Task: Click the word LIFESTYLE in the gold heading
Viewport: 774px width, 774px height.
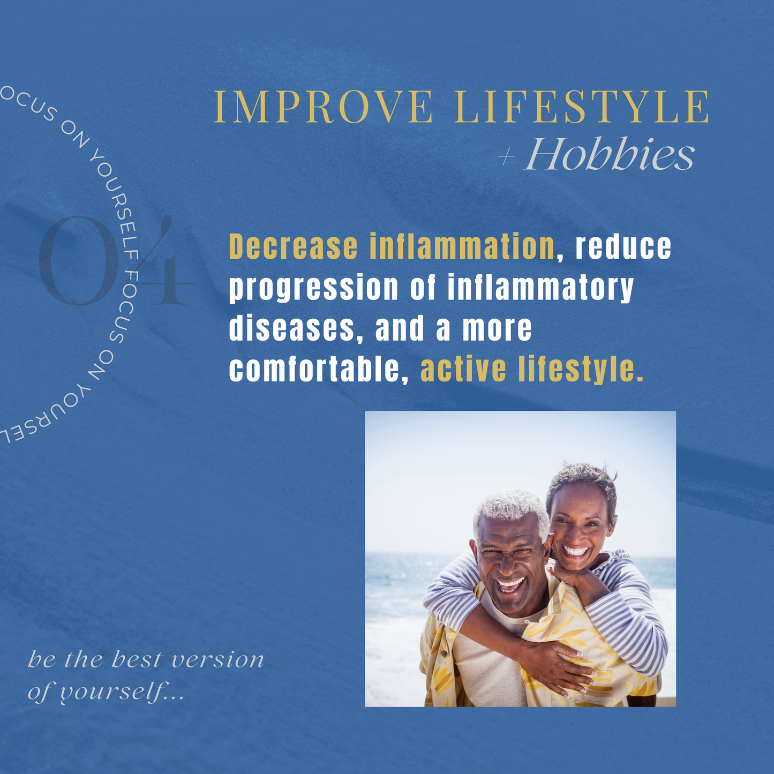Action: [582, 107]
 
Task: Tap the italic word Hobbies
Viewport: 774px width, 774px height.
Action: [610, 154]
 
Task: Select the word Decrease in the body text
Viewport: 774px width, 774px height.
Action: [293, 246]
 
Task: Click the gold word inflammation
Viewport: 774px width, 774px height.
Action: [462, 246]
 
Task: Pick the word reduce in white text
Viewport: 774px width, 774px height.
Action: [623, 246]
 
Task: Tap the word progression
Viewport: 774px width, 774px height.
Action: [314, 288]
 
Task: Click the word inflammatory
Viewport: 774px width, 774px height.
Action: [540, 288]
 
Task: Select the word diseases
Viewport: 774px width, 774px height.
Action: [291, 328]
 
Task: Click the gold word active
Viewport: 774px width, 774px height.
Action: [463, 369]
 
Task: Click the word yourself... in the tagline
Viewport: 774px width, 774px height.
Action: [122, 693]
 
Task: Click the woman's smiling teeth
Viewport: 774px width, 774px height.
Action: [576, 551]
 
